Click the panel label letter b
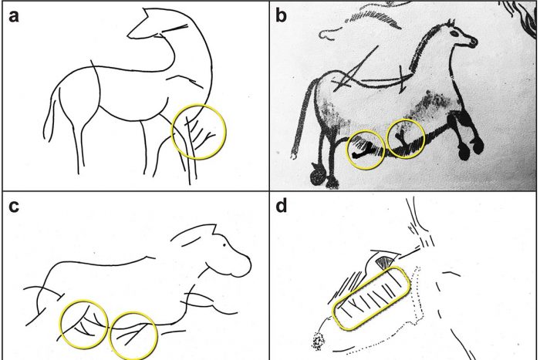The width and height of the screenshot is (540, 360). point(282,17)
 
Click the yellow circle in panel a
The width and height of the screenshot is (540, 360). point(199,132)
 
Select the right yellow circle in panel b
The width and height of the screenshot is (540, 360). point(406,139)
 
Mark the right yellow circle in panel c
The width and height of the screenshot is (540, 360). point(133,334)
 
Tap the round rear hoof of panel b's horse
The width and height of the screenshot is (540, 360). point(316,178)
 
